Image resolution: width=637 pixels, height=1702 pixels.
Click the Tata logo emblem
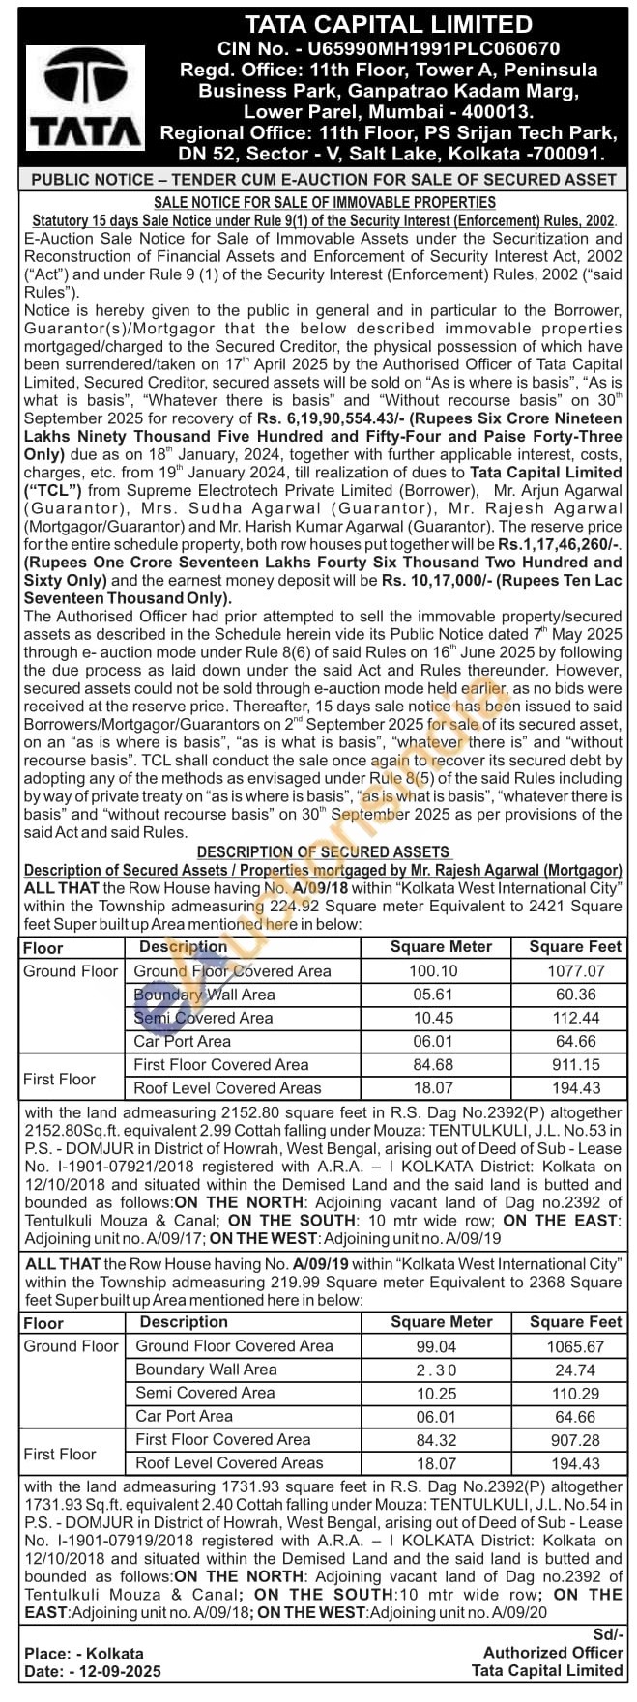pyautogui.click(x=83, y=81)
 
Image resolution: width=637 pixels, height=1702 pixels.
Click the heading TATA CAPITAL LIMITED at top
pyautogui.click(x=388, y=24)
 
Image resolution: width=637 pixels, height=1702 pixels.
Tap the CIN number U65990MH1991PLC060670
pyautogui.click(x=388, y=47)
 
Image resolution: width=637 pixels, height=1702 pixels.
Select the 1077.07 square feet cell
pyautogui.click(x=566, y=971)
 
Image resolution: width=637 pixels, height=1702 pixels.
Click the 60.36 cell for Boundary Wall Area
pyautogui.click(x=566, y=995)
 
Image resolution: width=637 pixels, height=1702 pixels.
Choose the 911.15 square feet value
pyautogui.click(x=566, y=1065)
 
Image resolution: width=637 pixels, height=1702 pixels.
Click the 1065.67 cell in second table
pyautogui.click(x=568, y=1346)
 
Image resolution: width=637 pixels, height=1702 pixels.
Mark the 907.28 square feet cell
pyautogui.click(x=568, y=1440)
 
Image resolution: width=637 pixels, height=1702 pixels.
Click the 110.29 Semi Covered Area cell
pyautogui.click(x=568, y=1393)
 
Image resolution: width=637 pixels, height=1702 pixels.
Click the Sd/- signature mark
pyautogui.click(x=607, y=1634)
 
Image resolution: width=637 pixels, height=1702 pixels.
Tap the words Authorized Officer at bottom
pyautogui.click(x=553, y=1653)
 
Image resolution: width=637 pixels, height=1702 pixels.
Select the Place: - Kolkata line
pyautogui.click(x=84, y=1654)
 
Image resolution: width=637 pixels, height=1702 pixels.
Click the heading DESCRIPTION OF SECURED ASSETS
pyautogui.click(x=323, y=851)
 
